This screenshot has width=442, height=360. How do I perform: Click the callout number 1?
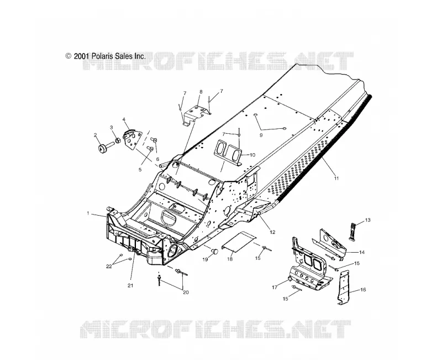(x=88, y=213)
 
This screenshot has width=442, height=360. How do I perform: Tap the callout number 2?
(x=95, y=135)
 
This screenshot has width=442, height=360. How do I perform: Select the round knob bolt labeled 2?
(x=103, y=148)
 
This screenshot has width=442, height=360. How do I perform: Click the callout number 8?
(x=201, y=92)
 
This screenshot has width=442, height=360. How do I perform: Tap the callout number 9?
(x=261, y=135)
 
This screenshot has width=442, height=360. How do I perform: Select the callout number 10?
(x=252, y=155)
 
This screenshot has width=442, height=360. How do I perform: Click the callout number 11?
(x=336, y=178)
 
